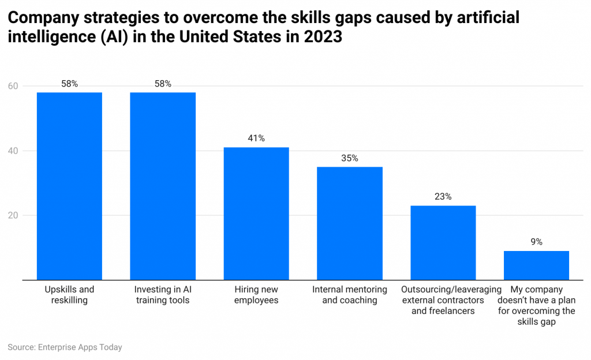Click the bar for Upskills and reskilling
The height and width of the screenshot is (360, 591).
click(x=69, y=186)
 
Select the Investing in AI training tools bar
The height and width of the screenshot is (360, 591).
click(x=163, y=186)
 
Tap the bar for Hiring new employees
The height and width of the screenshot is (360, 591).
click(x=256, y=213)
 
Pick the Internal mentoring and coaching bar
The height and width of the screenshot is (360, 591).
click(x=350, y=223)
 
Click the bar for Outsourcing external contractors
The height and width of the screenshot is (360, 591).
click(x=443, y=242)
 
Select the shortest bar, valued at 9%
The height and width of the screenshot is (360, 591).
click(x=537, y=265)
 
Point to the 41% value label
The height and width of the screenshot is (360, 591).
click(x=256, y=138)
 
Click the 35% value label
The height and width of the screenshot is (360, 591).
click(x=350, y=158)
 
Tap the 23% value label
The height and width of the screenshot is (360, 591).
click(x=443, y=197)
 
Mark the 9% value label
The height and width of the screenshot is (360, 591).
click(x=537, y=242)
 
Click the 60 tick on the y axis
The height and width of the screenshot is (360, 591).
click(x=13, y=87)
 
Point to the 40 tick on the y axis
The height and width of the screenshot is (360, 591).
click(x=13, y=151)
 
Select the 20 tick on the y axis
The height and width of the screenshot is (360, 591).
click(x=13, y=216)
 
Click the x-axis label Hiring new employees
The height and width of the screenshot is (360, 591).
click(x=256, y=295)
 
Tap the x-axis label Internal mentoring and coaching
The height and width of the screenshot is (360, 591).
click(x=350, y=295)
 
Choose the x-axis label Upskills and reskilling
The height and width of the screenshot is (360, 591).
click(x=69, y=295)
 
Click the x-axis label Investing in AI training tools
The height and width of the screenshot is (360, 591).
click(x=163, y=295)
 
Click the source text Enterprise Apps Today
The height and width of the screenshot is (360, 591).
click(x=80, y=347)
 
